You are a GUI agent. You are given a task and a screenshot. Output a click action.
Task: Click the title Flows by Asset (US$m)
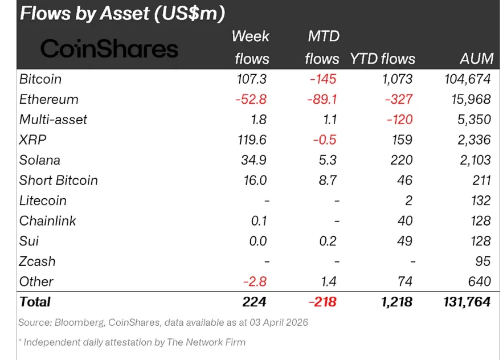(x=122, y=13)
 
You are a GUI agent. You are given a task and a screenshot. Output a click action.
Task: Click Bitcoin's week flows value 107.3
(x=251, y=79)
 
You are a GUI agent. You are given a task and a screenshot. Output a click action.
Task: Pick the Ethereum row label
(x=48, y=100)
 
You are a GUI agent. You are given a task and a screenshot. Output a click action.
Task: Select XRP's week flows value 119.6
(x=251, y=140)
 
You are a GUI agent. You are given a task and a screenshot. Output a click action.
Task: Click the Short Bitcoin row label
(x=58, y=181)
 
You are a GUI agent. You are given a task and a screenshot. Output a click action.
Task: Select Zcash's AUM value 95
(x=483, y=261)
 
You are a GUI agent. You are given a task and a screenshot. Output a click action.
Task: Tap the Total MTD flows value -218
(x=322, y=302)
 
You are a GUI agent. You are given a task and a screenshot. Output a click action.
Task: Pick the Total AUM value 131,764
(x=467, y=302)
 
